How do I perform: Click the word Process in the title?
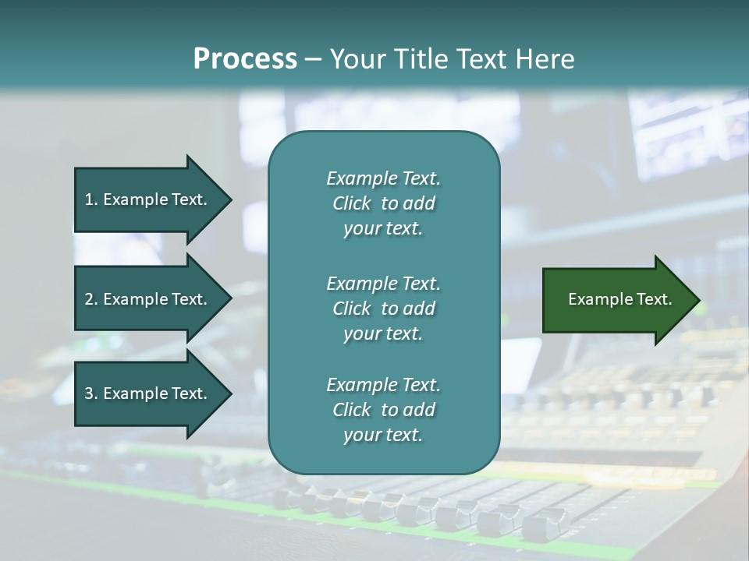coord(245,59)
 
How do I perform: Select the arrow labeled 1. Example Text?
coord(148,199)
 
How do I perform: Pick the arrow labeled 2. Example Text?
coord(148,299)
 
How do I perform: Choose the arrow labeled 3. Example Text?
coord(148,393)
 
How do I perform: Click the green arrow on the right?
coord(616,300)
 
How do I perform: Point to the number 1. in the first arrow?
coord(91,199)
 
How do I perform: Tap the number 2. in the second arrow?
coord(91,299)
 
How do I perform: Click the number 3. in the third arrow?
coord(91,393)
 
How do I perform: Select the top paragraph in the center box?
coord(383,203)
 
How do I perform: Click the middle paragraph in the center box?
coord(383,308)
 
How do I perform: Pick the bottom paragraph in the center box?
coord(383,410)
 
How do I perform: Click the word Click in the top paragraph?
coord(352,203)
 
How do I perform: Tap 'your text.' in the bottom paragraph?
coord(383,436)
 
